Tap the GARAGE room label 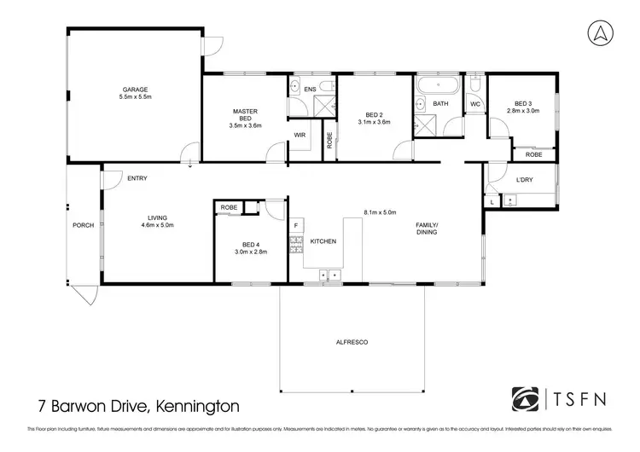135,89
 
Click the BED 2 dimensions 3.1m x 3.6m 373,122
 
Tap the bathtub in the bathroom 437,85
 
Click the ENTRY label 137,178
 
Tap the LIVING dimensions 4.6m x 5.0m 156,226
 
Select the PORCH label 83,225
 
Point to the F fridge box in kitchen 296,225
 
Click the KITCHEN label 323,242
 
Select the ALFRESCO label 352,341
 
